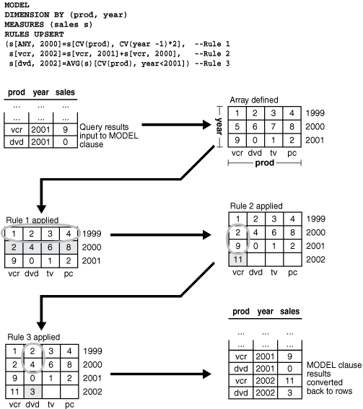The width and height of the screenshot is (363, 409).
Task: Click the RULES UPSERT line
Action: pos(33,34)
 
